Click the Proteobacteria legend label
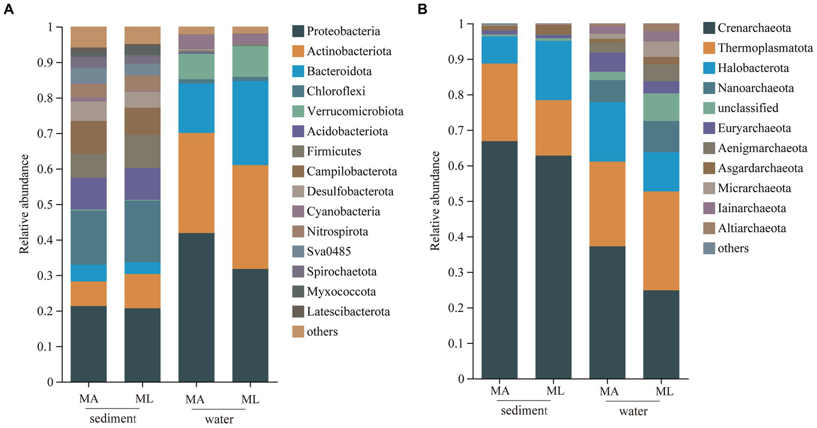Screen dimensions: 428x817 tap(343, 31)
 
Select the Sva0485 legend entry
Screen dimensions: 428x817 tap(328, 251)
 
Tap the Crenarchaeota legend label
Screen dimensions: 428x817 tap(754, 28)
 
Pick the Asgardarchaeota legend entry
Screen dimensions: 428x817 tap(760, 168)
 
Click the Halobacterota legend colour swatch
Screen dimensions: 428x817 tap(708, 68)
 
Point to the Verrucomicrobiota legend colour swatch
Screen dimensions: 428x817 tap(298, 111)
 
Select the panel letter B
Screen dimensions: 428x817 tap(422, 9)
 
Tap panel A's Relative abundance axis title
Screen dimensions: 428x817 tap(24, 204)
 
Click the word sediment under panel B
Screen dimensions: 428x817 tap(525, 410)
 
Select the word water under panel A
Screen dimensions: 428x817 tap(219, 419)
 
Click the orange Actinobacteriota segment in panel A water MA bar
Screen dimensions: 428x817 tap(196, 183)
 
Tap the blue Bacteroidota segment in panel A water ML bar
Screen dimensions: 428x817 tap(250, 122)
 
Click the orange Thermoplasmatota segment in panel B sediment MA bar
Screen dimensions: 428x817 tap(499, 102)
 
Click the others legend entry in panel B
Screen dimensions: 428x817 tap(732, 248)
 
